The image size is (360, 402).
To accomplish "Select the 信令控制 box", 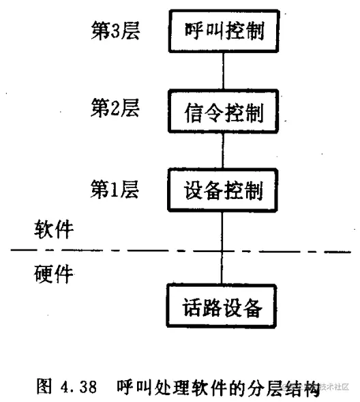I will (x=224, y=111).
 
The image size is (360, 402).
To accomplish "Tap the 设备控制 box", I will (x=224, y=189).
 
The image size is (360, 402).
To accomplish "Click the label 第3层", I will (x=115, y=30).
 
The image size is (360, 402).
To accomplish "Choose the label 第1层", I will (x=115, y=188).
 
